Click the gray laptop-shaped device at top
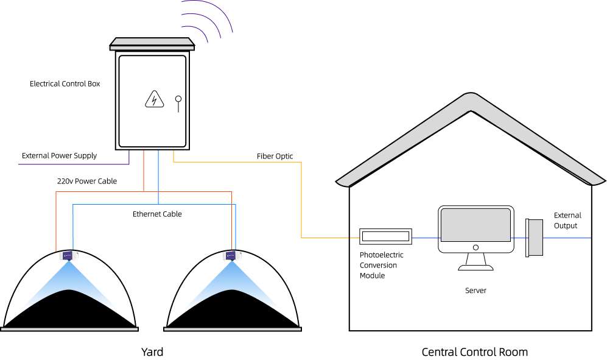pyautogui.click(x=152, y=43)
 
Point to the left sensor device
pyautogui.click(x=69, y=255)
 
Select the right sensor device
pyautogui.click(x=232, y=255)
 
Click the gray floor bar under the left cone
pyautogui.click(x=69, y=329)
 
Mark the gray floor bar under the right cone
pyautogui.click(x=232, y=329)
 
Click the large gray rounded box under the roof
pyautogui.click(x=475, y=225)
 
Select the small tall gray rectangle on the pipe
pyautogui.click(x=535, y=237)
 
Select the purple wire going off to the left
pyautogui.click(x=73, y=164)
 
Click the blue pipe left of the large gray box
pyautogui.click(x=425, y=238)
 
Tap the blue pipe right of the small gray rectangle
pyautogui.click(x=566, y=238)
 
